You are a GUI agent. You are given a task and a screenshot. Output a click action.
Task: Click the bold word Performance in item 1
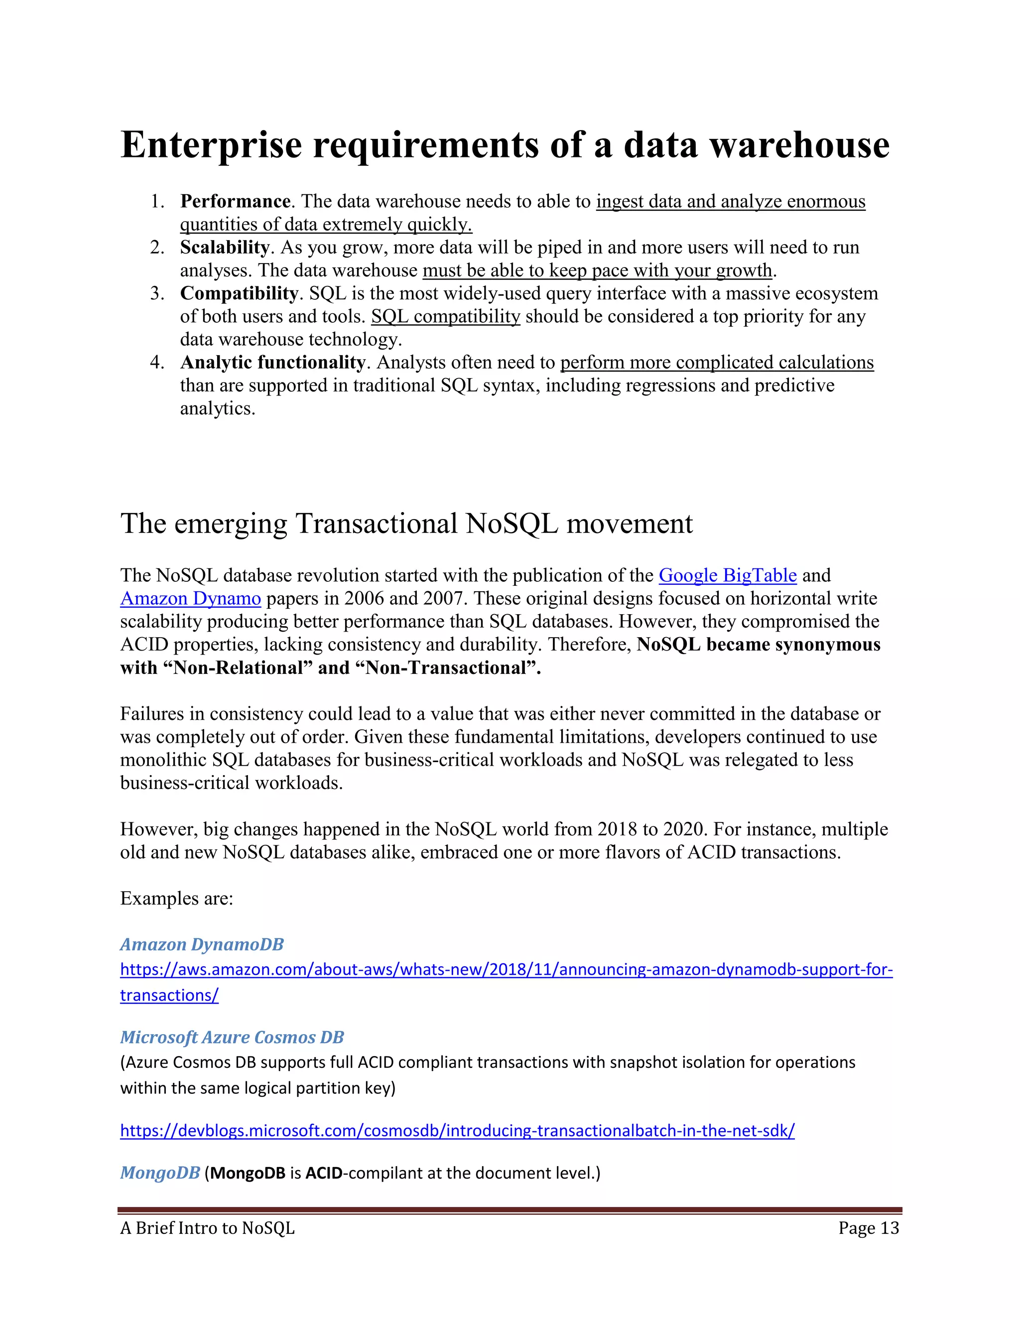point(235,201)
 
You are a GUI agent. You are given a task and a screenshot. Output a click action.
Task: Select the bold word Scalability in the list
point(224,247)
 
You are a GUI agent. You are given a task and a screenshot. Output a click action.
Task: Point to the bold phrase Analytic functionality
point(272,362)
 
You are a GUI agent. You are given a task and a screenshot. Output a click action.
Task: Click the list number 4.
point(156,362)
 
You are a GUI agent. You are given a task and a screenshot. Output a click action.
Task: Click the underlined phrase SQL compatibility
point(445,316)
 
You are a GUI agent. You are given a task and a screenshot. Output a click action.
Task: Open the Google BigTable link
point(728,575)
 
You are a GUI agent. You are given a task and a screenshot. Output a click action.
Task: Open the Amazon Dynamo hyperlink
point(190,598)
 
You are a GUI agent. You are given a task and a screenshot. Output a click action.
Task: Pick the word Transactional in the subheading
point(377,524)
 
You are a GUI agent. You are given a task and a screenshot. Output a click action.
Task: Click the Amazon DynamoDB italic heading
point(202,944)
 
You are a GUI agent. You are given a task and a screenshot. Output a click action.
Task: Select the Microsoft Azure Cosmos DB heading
point(232,1037)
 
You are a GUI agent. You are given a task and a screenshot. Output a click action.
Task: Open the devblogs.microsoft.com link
point(457,1130)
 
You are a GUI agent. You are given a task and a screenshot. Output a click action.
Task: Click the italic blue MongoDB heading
point(159,1173)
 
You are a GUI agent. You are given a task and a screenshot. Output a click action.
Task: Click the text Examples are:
point(176,898)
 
